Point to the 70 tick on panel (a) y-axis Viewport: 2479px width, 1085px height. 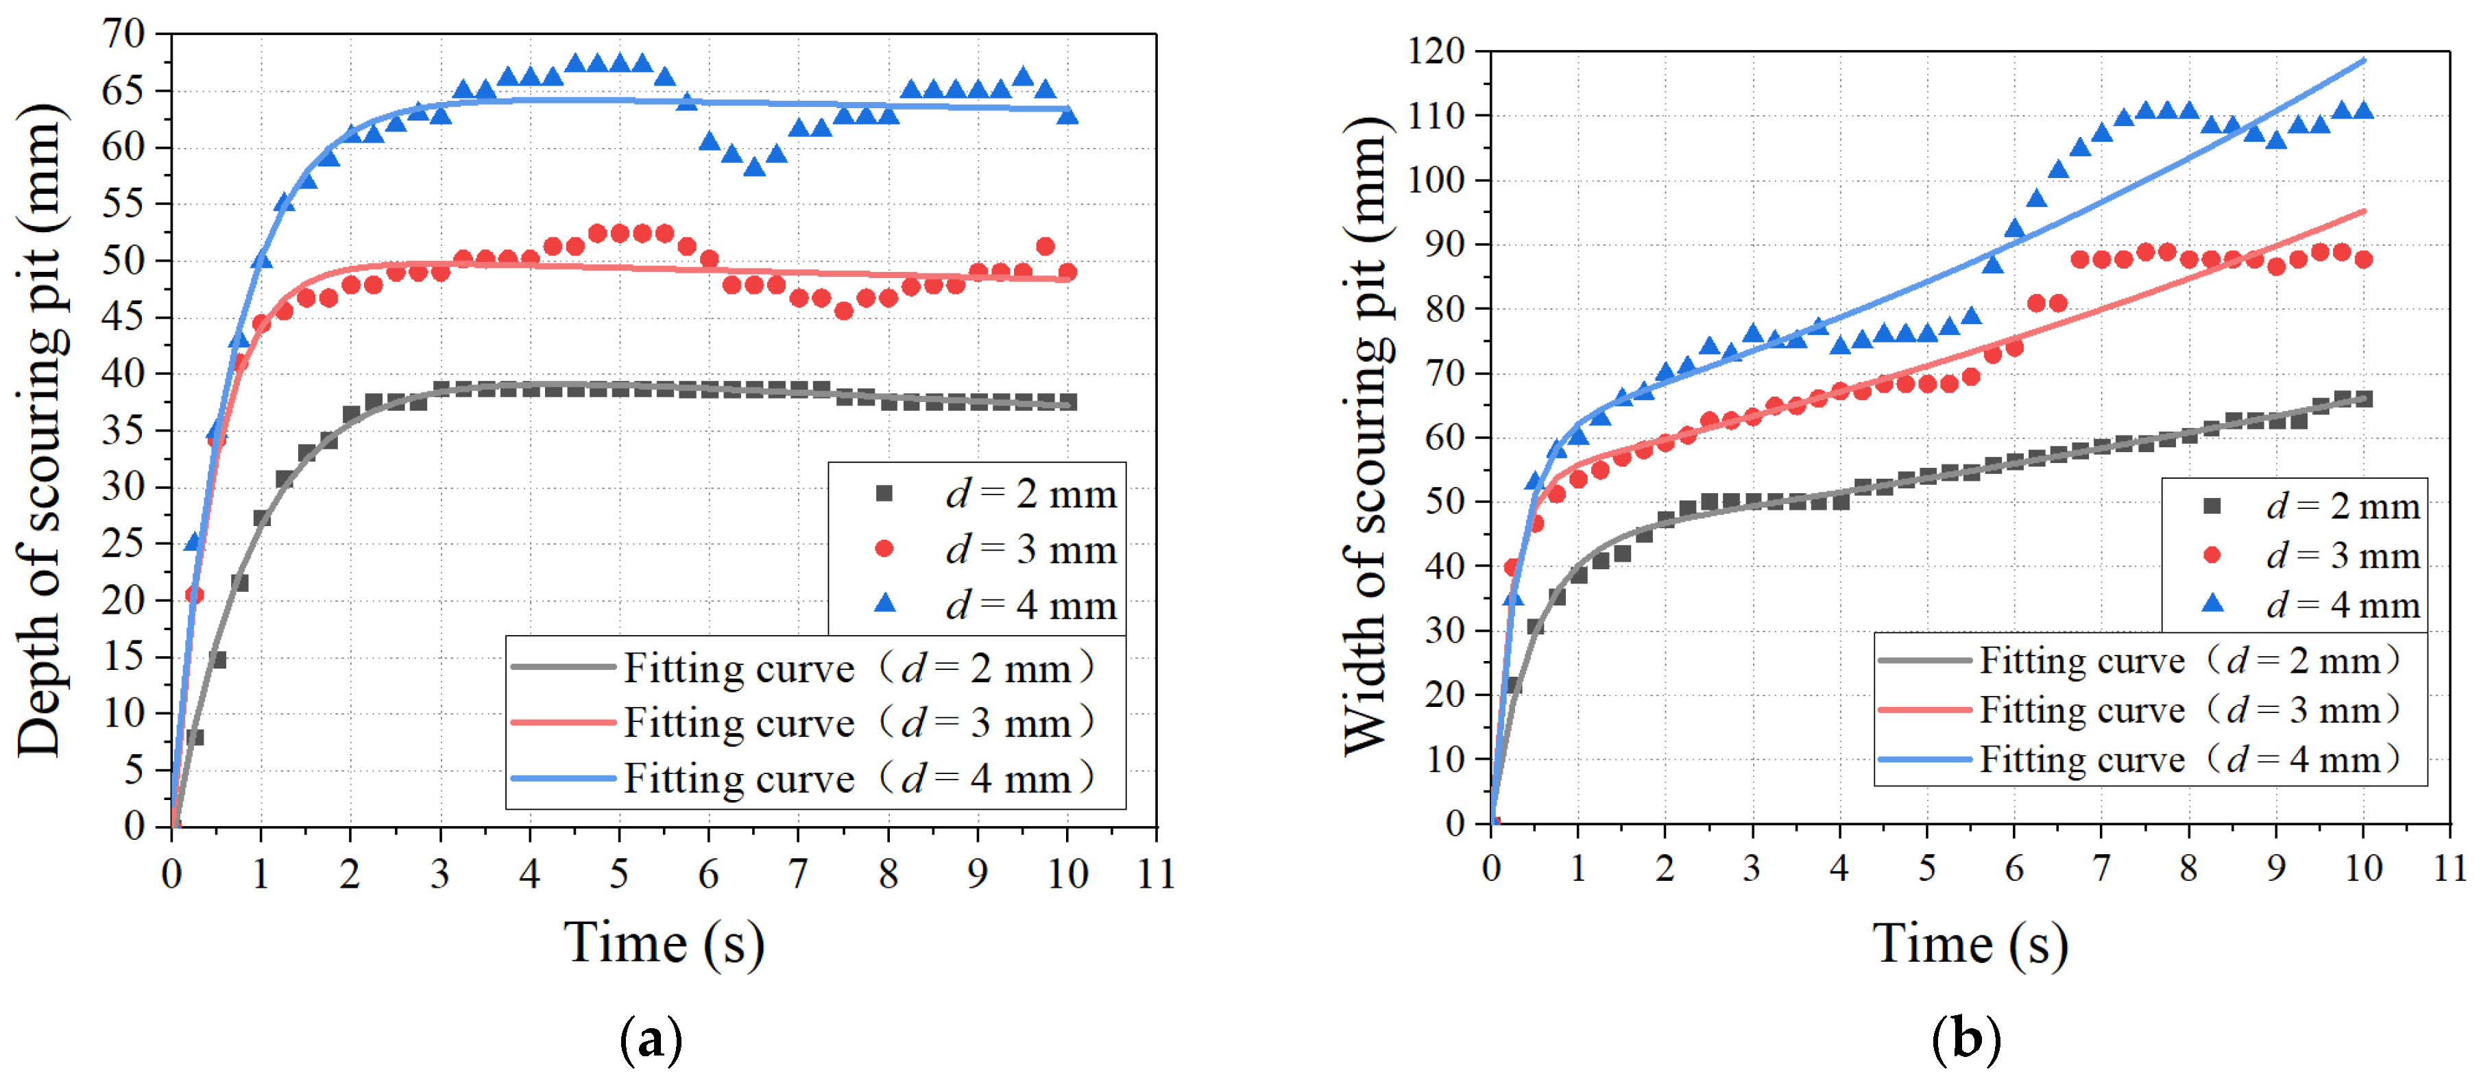pyautogui.click(x=124, y=34)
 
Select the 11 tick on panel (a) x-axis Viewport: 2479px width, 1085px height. pyautogui.click(x=1156, y=874)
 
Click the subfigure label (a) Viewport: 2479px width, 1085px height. pyautogui.click(x=651, y=1040)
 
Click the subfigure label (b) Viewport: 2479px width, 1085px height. pyautogui.click(x=1966, y=1040)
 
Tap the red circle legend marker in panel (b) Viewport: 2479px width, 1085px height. pyautogui.click(x=2212, y=555)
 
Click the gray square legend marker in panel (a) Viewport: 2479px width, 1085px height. pyautogui.click(x=884, y=493)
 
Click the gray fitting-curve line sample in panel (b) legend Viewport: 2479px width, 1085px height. pyautogui.click(x=1924, y=661)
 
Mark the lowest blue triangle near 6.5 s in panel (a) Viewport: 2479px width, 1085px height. pyautogui.click(x=755, y=167)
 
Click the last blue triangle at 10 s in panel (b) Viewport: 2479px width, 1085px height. pyautogui.click(x=2364, y=110)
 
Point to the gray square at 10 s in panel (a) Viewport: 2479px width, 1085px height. pyautogui.click(x=1067, y=402)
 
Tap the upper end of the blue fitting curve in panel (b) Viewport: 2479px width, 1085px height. pyautogui.click(x=2364, y=60)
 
